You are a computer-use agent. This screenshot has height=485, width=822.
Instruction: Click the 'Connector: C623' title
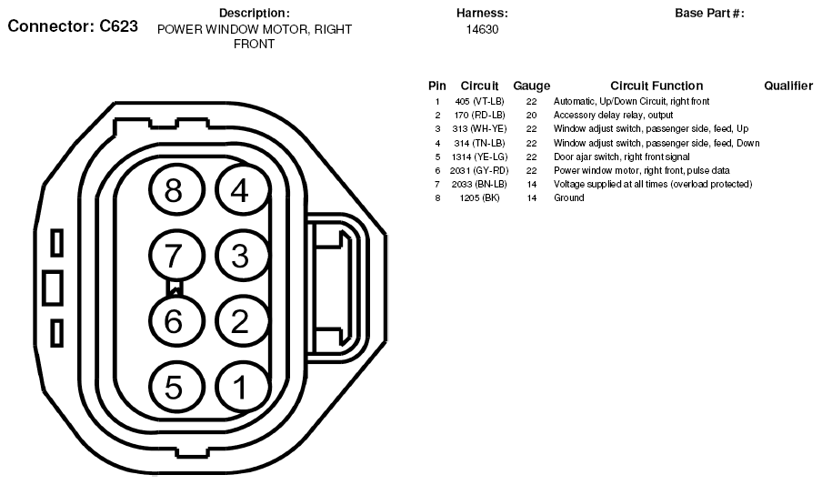coord(73,25)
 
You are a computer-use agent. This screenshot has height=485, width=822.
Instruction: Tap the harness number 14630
coord(482,29)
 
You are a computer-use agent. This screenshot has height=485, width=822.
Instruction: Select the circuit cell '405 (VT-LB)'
coord(479,101)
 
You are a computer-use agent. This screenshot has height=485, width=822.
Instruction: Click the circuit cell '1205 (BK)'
coord(479,197)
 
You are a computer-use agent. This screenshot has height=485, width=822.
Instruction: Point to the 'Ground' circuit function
coord(569,197)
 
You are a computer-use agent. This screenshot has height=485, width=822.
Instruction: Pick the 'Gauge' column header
coord(532,86)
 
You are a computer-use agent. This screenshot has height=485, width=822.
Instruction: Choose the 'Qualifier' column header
coord(788,86)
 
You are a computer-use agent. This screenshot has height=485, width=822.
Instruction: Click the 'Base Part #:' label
coord(710,13)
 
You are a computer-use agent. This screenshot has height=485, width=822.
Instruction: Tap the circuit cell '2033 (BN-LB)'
coord(479,184)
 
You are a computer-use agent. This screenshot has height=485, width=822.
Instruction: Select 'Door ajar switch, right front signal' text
coord(622,157)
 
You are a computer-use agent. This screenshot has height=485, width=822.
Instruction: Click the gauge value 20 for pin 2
coord(532,115)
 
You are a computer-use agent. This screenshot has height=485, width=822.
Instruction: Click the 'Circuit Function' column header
coord(657,86)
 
